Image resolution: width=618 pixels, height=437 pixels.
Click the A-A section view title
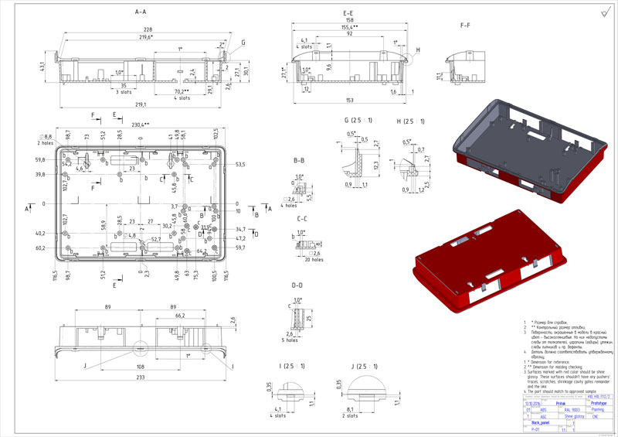[x=140, y=12]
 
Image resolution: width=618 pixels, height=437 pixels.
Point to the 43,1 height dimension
[x=43, y=69]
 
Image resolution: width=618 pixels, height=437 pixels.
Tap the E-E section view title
[x=348, y=14]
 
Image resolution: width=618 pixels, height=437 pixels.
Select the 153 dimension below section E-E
[x=349, y=100]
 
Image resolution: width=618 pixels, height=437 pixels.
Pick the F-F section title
[x=466, y=26]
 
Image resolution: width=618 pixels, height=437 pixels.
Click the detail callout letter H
[x=417, y=51]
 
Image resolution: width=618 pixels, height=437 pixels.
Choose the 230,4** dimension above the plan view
[x=141, y=125]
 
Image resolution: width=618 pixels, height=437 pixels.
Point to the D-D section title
[x=297, y=285]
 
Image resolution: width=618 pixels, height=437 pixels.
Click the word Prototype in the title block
[x=597, y=403]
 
